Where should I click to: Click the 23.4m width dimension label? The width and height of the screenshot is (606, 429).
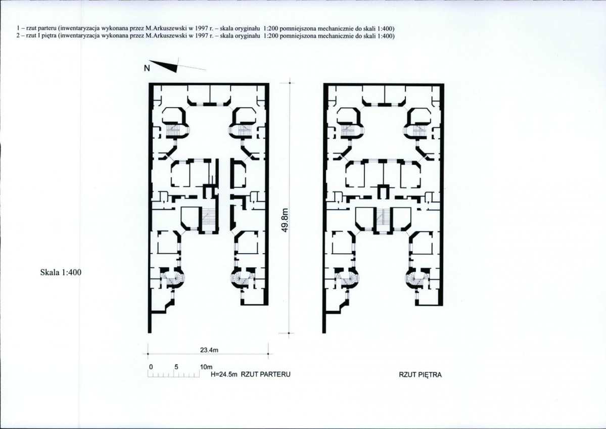(209, 350)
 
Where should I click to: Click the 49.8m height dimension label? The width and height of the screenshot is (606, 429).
(285, 220)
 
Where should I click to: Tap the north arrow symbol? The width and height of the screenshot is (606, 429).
(163, 66)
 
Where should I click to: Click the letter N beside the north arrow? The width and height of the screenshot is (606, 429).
(147, 68)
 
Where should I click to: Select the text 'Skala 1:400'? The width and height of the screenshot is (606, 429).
(61, 272)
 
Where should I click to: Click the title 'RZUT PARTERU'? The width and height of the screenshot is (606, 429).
(265, 374)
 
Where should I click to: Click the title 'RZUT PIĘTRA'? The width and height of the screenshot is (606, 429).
(420, 375)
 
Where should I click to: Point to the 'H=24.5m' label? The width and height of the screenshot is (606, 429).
(224, 374)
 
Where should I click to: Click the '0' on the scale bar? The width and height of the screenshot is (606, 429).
(151, 366)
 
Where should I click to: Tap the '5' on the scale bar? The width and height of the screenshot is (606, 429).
(176, 366)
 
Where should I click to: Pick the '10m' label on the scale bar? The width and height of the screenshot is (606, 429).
(206, 366)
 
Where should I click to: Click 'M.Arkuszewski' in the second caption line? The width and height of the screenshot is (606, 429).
(162, 36)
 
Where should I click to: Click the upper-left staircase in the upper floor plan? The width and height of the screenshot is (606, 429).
(349, 129)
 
